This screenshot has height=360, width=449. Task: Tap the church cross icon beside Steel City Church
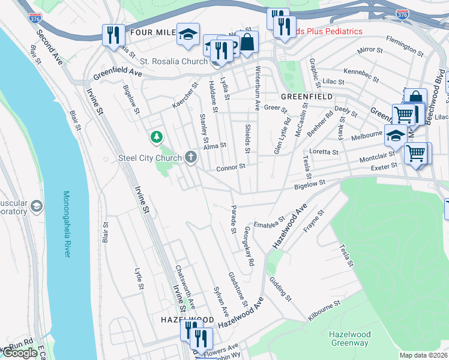point(191,157)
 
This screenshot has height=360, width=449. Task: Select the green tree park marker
point(157,138)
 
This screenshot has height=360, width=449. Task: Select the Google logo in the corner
point(20,353)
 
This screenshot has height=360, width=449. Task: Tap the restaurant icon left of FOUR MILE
point(113,35)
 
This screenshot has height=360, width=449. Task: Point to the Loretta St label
point(324,152)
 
